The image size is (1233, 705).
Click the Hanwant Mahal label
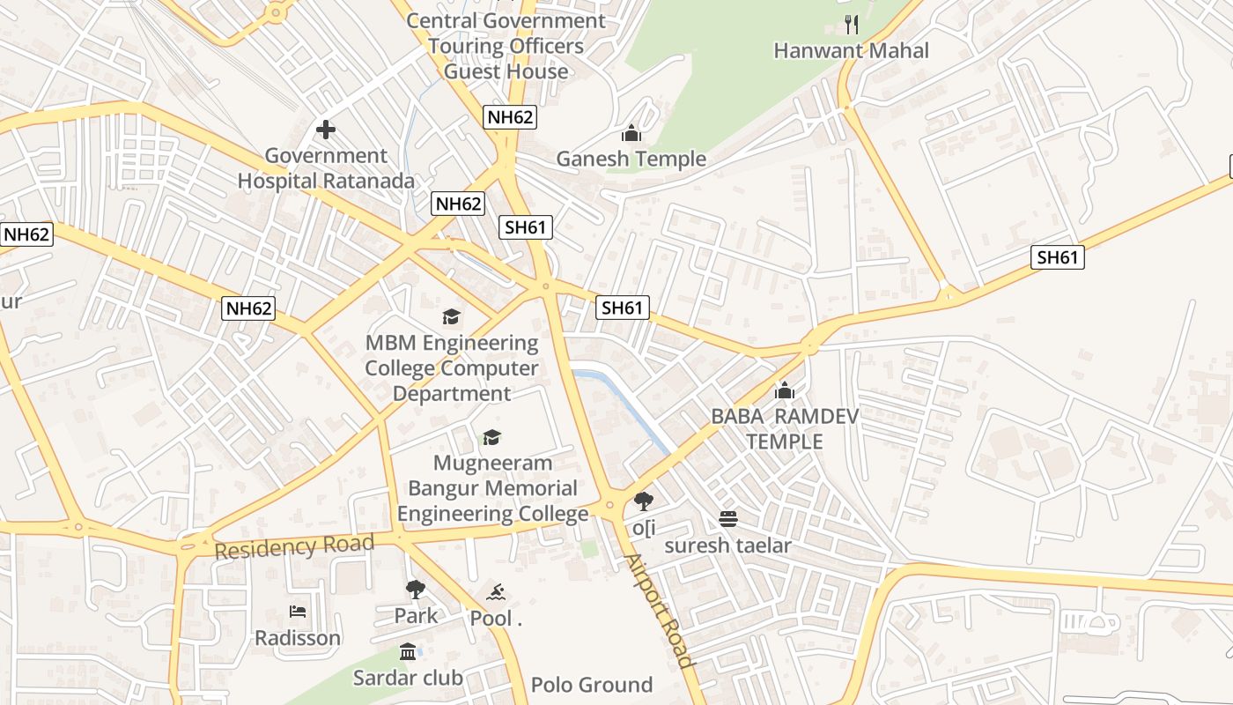click(x=851, y=51)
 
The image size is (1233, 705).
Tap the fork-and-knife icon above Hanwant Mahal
click(x=851, y=24)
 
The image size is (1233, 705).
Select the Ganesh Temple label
click(x=631, y=160)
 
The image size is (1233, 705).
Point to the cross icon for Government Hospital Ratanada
click(x=326, y=130)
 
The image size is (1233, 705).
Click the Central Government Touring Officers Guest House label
click(x=506, y=46)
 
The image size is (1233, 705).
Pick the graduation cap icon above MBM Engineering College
click(x=451, y=316)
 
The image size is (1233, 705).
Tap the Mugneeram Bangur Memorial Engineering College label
click(x=492, y=488)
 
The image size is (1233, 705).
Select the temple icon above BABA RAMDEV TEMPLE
click(x=784, y=390)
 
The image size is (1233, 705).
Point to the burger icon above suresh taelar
click(x=727, y=518)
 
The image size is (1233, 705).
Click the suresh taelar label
click(x=727, y=545)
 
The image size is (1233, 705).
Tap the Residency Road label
click(x=294, y=546)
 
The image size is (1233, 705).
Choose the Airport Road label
click(x=659, y=610)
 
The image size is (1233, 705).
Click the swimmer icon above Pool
click(x=496, y=592)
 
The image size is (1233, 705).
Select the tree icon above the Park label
click(x=416, y=589)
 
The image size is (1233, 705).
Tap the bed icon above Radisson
click(x=298, y=612)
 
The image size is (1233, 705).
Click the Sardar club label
click(x=408, y=678)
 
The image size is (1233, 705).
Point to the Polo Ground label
click(x=591, y=685)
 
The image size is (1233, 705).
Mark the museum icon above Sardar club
click(x=408, y=652)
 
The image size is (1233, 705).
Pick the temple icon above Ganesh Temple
click(x=631, y=134)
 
